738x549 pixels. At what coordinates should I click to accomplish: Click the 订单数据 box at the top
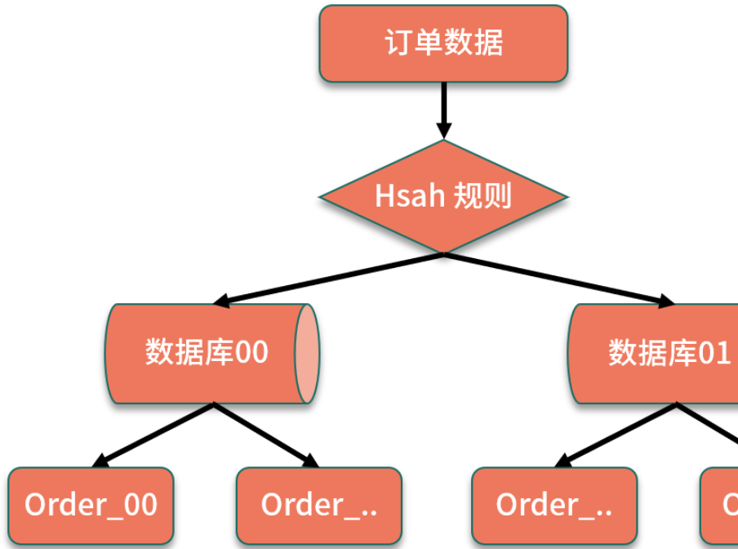(x=442, y=43)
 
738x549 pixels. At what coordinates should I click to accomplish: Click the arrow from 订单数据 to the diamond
(x=443, y=106)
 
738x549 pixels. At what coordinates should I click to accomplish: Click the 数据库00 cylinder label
(x=207, y=353)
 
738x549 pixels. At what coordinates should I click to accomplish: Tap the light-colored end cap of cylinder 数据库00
(x=306, y=354)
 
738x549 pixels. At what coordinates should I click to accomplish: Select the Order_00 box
(x=91, y=506)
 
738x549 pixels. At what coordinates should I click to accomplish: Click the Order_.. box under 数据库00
(x=319, y=506)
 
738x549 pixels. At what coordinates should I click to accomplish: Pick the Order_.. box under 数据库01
(x=554, y=506)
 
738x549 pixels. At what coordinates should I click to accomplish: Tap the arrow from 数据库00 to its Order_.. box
(x=265, y=434)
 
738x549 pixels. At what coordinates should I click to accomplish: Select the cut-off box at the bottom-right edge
(x=722, y=506)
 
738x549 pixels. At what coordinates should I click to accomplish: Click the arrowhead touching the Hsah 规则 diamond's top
(x=443, y=131)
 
